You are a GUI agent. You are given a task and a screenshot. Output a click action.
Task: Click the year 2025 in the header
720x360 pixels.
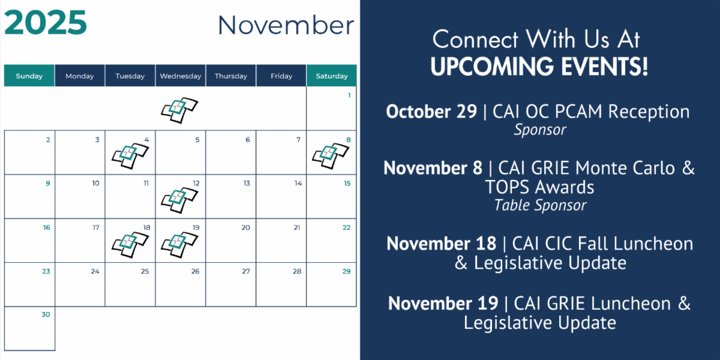click(46, 23)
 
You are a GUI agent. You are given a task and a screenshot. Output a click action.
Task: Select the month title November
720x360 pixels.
click(286, 25)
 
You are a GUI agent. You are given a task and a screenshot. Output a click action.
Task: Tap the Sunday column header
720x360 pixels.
click(29, 76)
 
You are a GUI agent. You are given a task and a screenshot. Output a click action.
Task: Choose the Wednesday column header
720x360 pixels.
click(181, 76)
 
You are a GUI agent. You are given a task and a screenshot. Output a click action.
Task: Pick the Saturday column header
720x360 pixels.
click(332, 76)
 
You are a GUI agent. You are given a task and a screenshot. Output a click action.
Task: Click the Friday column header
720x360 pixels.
click(281, 76)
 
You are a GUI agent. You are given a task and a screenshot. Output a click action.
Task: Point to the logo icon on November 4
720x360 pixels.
click(130, 156)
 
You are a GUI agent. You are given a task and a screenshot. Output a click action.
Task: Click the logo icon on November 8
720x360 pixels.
click(331, 156)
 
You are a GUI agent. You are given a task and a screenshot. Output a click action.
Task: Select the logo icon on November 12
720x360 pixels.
click(179, 200)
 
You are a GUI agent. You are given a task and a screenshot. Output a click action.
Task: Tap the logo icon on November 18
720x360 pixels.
click(130, 245)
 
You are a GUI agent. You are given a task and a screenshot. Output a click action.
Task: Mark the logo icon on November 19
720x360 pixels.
click(179, 245)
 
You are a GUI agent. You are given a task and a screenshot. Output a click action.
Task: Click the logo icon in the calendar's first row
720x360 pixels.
click(179, 110)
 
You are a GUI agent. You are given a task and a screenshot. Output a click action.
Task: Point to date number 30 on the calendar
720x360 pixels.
click(46, 314)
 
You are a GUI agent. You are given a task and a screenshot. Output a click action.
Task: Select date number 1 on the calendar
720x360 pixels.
click(349, 95)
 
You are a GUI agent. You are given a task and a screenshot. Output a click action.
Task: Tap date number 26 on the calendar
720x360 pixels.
click(196, 271)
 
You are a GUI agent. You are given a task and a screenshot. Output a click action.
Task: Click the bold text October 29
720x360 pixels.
click(431, 112)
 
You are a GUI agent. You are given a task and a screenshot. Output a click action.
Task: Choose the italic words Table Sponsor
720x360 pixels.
click(540, 205)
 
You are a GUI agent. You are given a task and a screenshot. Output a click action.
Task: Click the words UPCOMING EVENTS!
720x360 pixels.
click(539, 66)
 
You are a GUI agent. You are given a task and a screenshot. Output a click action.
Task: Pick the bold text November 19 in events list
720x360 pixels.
click(443, 304)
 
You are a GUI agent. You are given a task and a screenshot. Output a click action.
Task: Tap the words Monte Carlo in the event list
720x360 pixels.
click(625, 168)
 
